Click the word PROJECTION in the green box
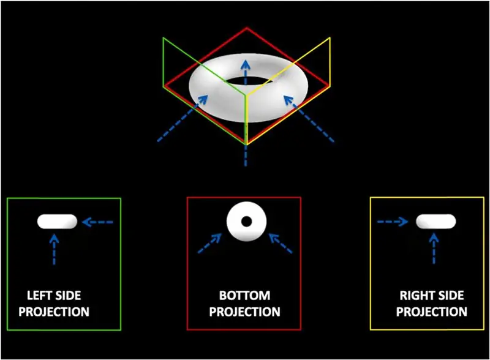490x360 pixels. (55, 312)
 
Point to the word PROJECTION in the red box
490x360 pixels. (245, 312)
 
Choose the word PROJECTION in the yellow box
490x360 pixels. (431, 312)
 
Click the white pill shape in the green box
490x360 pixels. (58, 221)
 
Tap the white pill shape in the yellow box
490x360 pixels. (436, 221)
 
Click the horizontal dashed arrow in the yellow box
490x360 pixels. (393, 222)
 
